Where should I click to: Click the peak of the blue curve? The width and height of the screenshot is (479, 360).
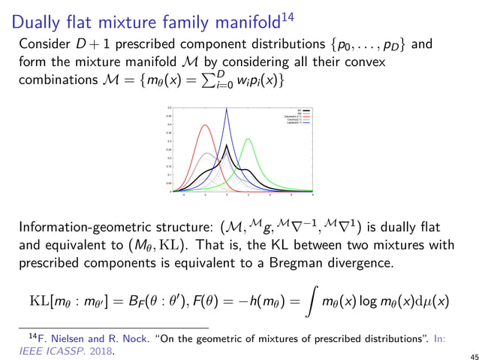227,109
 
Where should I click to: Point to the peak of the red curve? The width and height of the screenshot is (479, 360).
206,125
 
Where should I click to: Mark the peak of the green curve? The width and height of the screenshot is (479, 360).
249,139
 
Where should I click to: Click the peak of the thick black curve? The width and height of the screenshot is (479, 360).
227,145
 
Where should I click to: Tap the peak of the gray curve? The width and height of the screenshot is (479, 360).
206,153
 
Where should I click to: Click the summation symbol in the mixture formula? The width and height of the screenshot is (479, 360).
209,80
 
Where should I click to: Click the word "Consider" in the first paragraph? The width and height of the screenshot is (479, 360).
47,44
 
